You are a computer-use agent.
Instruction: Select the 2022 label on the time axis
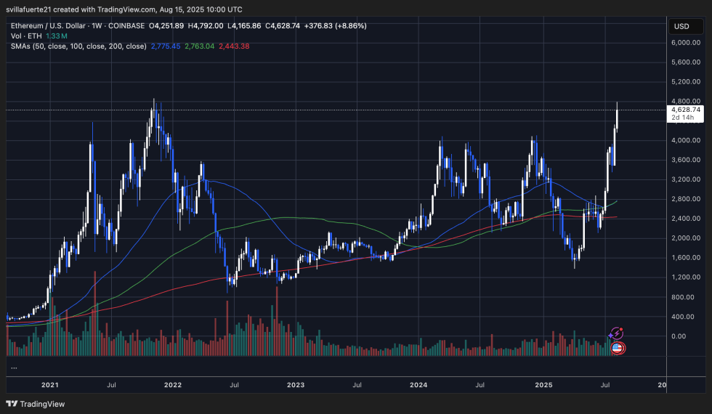point(173,385)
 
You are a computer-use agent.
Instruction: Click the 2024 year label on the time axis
point(418,385)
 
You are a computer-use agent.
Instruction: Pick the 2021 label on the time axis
point(51,385)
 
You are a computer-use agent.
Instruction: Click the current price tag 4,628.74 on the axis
point(684,110)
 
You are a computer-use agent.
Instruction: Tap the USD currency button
point(681,26)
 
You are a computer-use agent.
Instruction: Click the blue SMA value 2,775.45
point(165,46)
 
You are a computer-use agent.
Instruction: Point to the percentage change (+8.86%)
point(349,25)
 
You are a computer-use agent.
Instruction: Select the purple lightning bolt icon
point(616,333)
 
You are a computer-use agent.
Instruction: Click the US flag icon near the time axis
point(617,348)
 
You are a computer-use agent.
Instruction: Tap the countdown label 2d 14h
point(683,118)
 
